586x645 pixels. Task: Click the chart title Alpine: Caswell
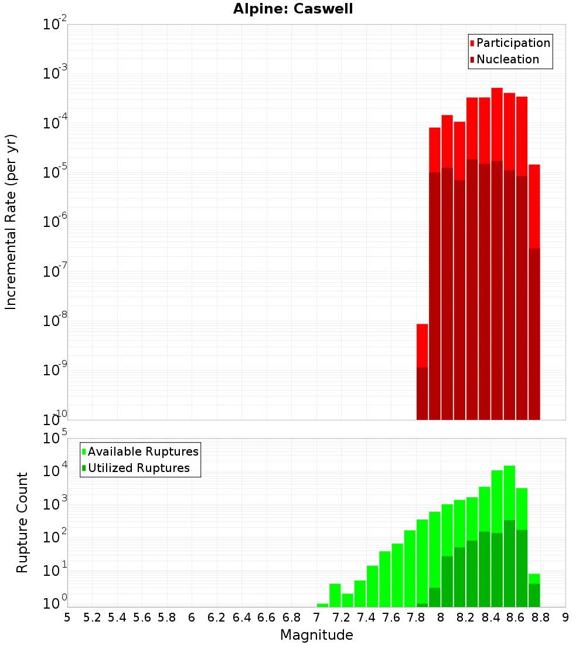click(x=293, y=9)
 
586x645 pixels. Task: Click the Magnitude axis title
click(x=316, y=635)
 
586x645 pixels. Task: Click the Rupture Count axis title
click(x=22, y=522)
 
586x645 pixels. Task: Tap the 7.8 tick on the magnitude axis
click(x=416, y=617)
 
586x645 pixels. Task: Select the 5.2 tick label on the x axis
click(x=92, y=617)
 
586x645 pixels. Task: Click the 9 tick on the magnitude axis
click(x=565, y=617)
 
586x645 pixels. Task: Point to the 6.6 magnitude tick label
click(x=267, y=617)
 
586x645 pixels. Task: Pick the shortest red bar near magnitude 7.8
click(x=422, y=346)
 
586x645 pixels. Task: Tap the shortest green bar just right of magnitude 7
click(x=322, y=605)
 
